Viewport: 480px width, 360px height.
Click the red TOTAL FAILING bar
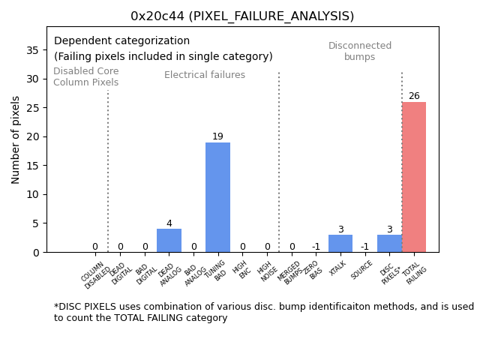click(x=413, y=177)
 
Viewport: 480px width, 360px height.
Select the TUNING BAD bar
click(x=217, y=197)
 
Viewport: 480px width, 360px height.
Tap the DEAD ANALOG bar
click(x=169, y=241)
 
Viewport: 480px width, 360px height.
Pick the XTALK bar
click(x=340, y=244)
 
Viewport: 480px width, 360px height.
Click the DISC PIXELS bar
click(x=389, y=244)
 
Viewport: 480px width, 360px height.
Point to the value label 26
click(x=414, y=96)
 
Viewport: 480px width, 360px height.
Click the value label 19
click(x=217, y=136)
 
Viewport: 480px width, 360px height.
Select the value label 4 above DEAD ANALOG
click(x=169, y=223)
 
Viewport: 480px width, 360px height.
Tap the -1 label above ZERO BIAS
click(x=316, y=247)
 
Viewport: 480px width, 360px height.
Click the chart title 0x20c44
click(x=242, y=16)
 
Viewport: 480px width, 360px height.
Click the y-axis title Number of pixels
click(x=16, y=139)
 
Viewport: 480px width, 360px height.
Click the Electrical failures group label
click(x=205, y=75)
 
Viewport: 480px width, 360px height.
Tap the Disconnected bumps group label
click(x=360, y=52)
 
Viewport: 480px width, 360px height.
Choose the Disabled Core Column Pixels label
click(x=85, y=77)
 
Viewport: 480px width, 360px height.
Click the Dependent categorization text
click(x=122, y=41)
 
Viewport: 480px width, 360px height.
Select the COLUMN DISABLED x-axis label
click(x=96, y=274)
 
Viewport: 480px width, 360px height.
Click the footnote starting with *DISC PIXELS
click(x=263, y=312)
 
